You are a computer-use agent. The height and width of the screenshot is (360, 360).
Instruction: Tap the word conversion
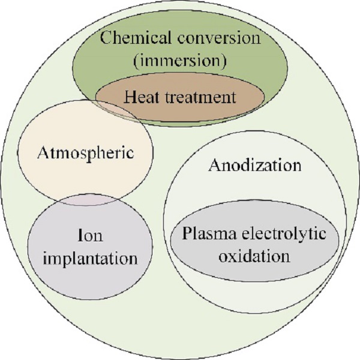(x=219, y=38)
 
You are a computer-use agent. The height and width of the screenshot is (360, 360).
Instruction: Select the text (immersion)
(x=180, y=61)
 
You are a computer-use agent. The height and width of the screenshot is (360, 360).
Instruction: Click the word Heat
(x=141, y=97)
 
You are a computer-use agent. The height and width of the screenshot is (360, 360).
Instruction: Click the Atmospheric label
(x=86, y=153)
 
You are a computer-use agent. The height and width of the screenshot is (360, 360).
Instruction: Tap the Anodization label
(x=255, y=165)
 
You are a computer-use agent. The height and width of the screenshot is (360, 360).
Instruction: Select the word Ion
(x=90, y=235)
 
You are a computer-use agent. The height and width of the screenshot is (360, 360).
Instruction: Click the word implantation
(x=90, y=259)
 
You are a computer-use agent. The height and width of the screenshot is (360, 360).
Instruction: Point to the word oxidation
(x=254, y=256)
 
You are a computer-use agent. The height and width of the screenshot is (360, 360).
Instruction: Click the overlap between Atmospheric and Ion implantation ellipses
(x=89, y=200)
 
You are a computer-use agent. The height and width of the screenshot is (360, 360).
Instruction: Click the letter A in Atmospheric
(x=43, y=152)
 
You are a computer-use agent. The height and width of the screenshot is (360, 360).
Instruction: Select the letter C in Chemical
(x=106, y=38)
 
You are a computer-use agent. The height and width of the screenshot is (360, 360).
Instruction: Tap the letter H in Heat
(x=131, y=97)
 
